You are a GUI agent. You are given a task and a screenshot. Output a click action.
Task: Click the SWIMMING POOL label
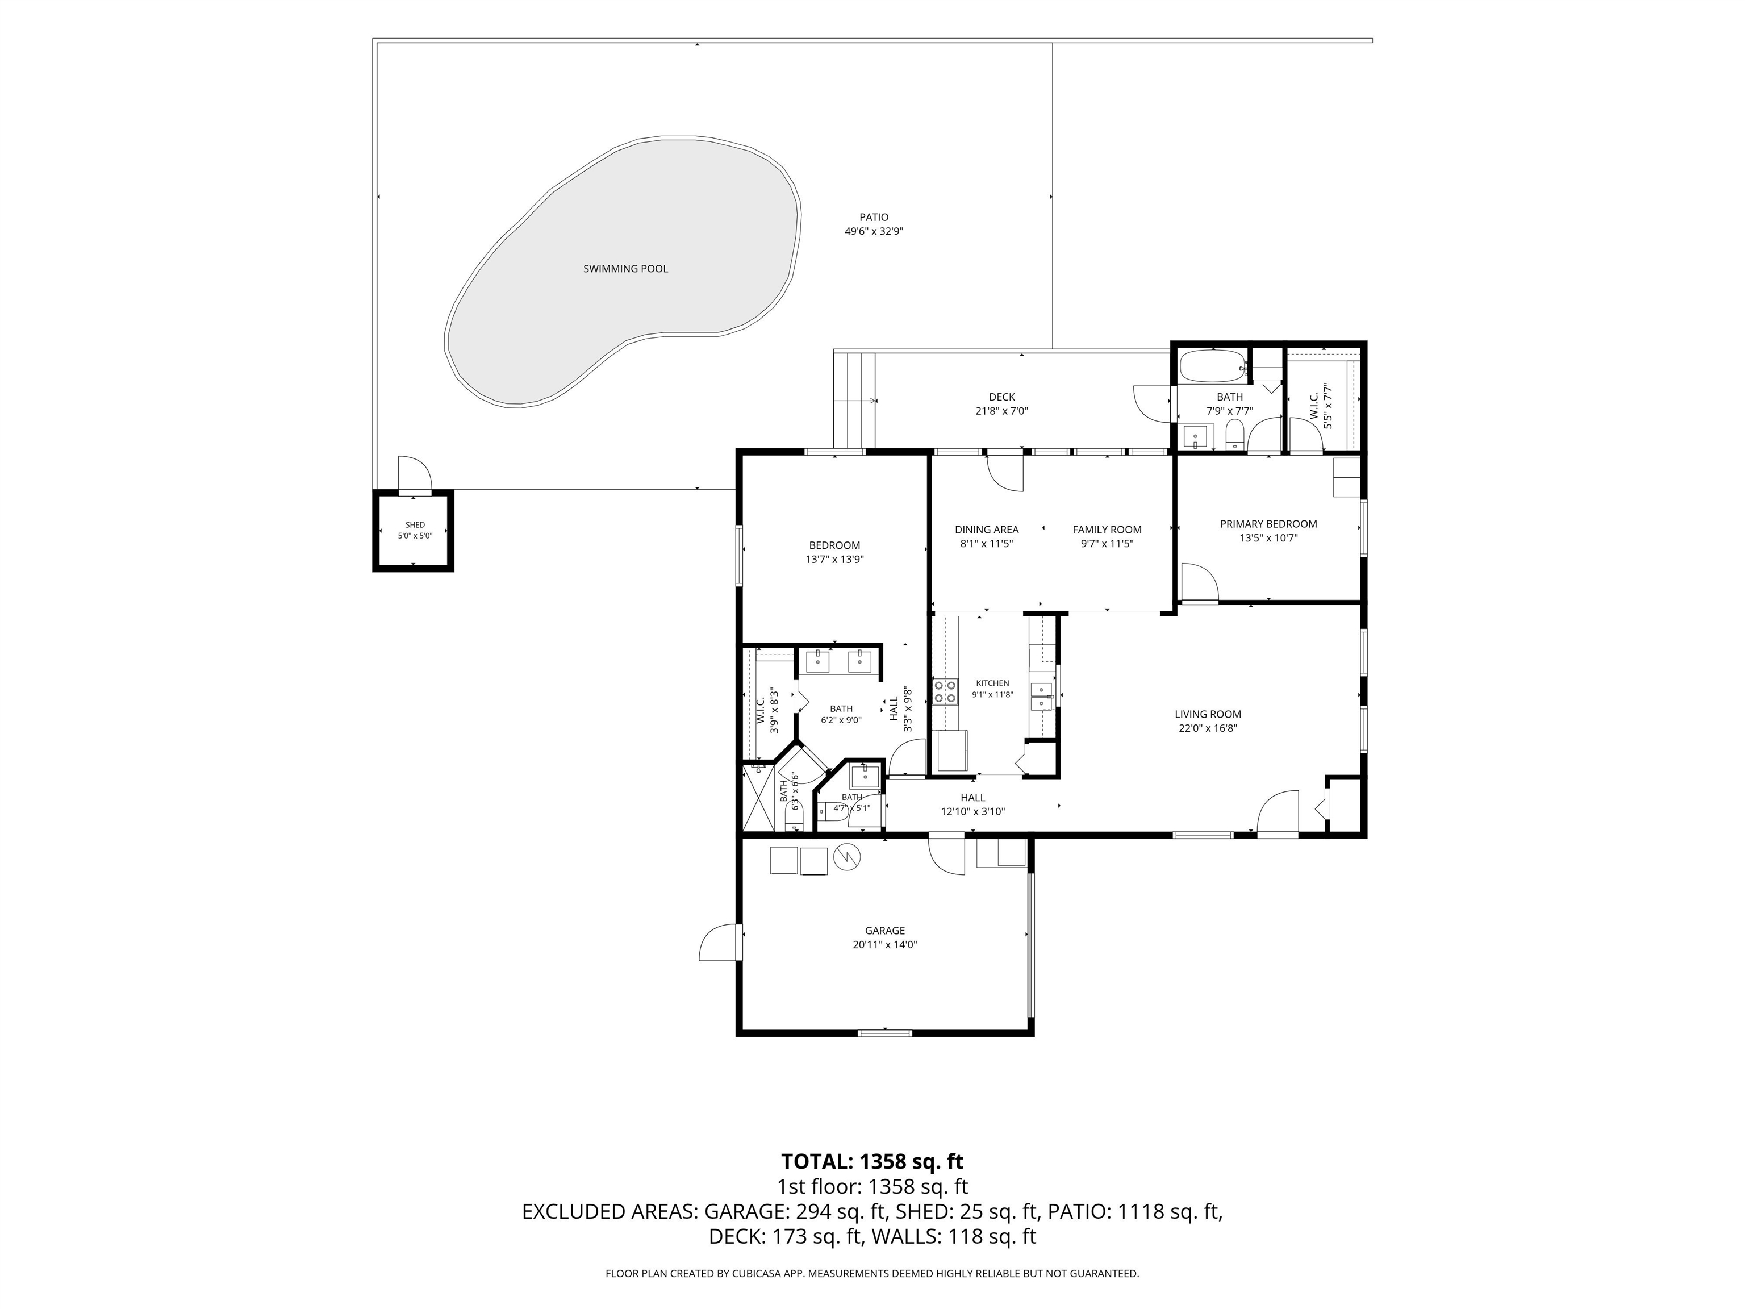click(x=625, y=269)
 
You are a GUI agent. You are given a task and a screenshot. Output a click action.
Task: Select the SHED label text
click(x=415, y=525)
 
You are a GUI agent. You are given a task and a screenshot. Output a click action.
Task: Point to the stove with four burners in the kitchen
click(x=944, y=691)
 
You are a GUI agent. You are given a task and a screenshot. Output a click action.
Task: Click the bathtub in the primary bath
click(x=1212, y=366)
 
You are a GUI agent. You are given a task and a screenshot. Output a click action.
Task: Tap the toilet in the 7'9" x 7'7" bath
click(x=1235, y=434)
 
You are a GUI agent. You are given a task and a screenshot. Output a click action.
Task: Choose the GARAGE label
click(x=884, y=931)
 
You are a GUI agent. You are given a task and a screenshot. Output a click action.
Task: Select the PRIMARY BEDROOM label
click(x=1268, y=524)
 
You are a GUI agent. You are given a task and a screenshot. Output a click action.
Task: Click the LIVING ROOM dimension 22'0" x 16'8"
click(x=1208, y=728)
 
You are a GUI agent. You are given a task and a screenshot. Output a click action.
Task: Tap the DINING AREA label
click(x=986, y=530)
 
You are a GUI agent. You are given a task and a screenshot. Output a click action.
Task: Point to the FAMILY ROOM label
click(x=1107, y=530)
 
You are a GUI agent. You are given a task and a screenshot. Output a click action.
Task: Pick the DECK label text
click(x=1002, y=397)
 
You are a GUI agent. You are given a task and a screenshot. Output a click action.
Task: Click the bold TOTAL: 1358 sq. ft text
click(x=872, y=1161)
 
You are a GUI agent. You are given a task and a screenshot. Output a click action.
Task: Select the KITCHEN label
click(x=992, y=683)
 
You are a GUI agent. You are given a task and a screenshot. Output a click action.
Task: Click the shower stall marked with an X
click(x=758, y=797)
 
